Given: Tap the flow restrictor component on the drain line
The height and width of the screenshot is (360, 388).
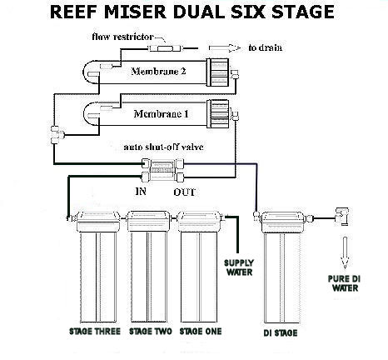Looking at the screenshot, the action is tap(165, 48).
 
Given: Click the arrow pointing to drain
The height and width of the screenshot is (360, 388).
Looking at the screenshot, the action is tap(225, 48).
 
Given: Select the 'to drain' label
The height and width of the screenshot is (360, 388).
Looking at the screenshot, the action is tap(266, 47).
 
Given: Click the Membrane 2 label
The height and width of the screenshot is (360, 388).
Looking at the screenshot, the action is tap(158, 72).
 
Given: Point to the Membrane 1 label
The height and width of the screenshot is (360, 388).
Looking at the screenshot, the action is tap(161, 114).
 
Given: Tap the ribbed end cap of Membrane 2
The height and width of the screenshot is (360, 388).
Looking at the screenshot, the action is tap(217, 72).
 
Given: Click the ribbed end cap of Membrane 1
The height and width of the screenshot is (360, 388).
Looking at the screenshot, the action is tap(218, 114).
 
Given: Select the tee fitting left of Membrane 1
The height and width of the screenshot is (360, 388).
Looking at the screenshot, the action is tap(57, 135).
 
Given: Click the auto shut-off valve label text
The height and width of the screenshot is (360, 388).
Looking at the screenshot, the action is tap(163, 147).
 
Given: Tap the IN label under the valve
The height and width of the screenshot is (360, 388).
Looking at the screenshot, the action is tap(141, 191).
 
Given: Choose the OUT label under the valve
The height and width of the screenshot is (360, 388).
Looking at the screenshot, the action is tap(185, 192).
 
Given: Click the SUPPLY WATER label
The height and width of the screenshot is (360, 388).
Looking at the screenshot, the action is tap(239, 267).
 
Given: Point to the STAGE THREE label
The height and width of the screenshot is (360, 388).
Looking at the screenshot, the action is tap(95, 332).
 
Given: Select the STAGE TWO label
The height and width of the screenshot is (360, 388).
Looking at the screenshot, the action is tap(151, 332).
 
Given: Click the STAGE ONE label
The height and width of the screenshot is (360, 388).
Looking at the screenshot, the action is tap(201, 332).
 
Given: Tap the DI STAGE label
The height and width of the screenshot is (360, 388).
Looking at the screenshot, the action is tap(281, 333).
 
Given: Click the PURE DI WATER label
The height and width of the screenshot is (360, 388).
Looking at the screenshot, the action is tap(344, 283).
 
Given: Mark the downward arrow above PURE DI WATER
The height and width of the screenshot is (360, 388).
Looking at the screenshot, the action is tap(345, 252).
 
